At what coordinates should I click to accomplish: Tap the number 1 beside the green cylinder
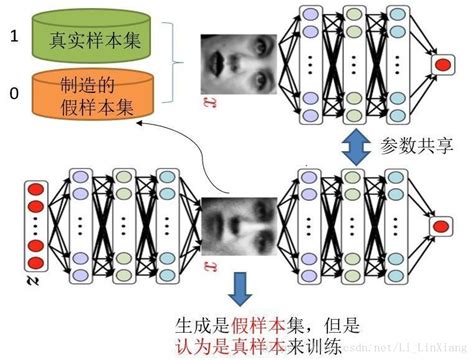click(x=13, y=35)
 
